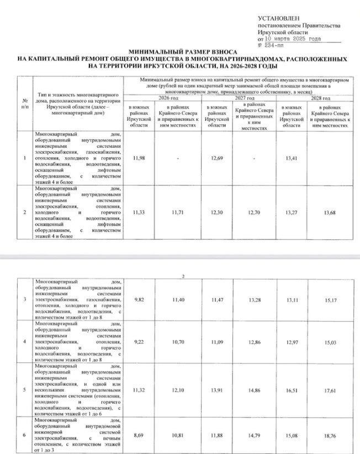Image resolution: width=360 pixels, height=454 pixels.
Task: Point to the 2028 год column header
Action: [313, 98]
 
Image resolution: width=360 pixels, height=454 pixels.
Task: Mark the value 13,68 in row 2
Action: [331, 212]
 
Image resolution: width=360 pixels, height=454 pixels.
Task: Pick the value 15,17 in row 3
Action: [331, 301]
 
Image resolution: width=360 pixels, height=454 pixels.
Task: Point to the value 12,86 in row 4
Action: [254, 343]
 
